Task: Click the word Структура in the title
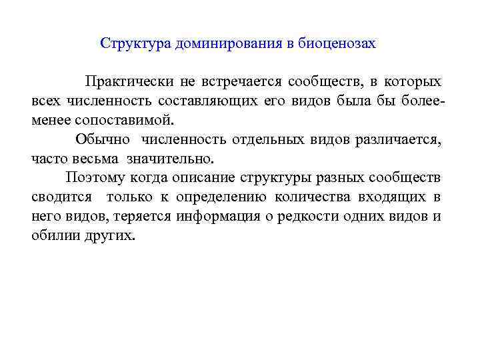point(135,44)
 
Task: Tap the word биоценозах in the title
point(341,44)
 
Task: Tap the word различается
point(393,140)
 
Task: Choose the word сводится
point(59,198)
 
